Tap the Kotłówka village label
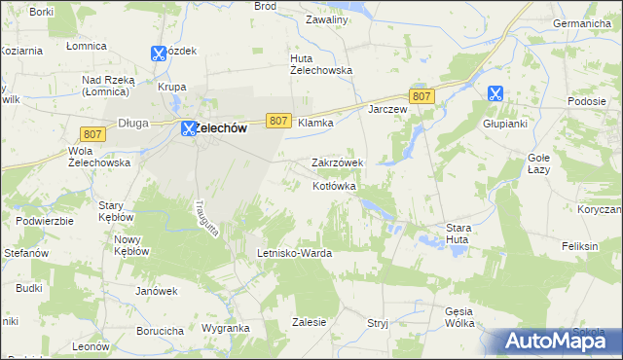[335, 185]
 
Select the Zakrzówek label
[337, 162]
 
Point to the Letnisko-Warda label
[294, 253]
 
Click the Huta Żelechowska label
[321, 63]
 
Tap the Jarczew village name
[386, 109]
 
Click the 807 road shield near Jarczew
[421, 95]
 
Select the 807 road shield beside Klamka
[278, 121]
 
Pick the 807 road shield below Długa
[93, 133]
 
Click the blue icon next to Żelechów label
[189, 127]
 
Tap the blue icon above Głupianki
[495, 94]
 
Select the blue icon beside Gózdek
[159, 55]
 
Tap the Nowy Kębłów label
[131, 245]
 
